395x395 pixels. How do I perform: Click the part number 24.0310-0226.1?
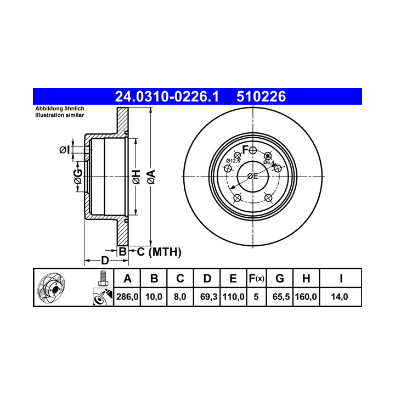(x=167, y=97)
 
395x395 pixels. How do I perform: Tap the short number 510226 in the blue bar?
(x=261, y=97)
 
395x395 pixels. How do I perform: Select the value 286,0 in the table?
(x=127, y=297)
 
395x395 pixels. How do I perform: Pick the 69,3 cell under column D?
(x=208, y=297)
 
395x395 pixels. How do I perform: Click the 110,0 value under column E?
(x=233, y=297)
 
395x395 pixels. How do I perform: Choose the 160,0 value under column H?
(x=306, y=297)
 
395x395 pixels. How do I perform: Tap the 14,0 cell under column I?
(x=340, y=297)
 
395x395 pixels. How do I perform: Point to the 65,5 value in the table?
(x=281, y=297)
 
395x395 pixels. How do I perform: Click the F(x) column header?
(x=256, y=279)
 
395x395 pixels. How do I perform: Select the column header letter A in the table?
(x=127, y=279)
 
